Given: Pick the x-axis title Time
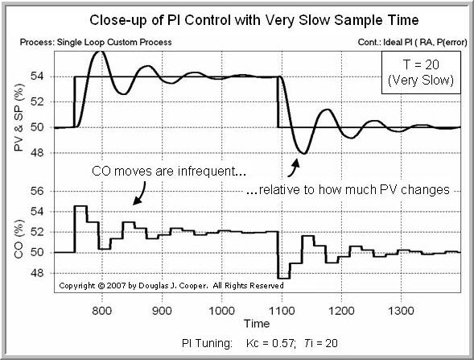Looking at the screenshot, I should tap(258, 322).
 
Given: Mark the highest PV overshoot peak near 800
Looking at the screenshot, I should tap(100, 52).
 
